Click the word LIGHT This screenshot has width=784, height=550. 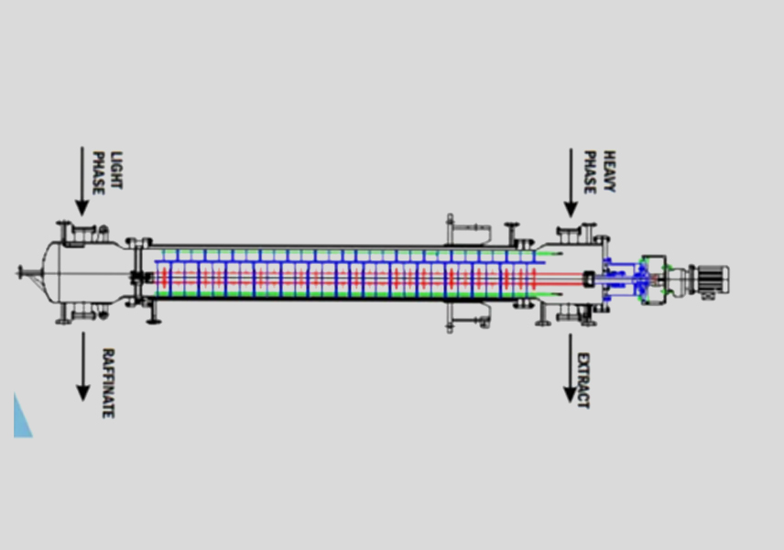tap(116, 170)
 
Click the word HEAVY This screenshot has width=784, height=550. tap(609, 171)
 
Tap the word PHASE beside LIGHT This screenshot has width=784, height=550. tap(99, 173)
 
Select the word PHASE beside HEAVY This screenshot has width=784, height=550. tap(590, 172)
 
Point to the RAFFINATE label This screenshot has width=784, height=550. tap(108, 383)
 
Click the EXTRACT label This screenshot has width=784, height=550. tap(583, 380)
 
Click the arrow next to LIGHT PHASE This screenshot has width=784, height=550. tap(82, 181)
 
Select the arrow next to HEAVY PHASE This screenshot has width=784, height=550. tap(571, 182)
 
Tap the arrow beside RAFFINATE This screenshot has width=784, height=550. tap(83, 367)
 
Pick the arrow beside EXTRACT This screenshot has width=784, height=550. tap(571, 368)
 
